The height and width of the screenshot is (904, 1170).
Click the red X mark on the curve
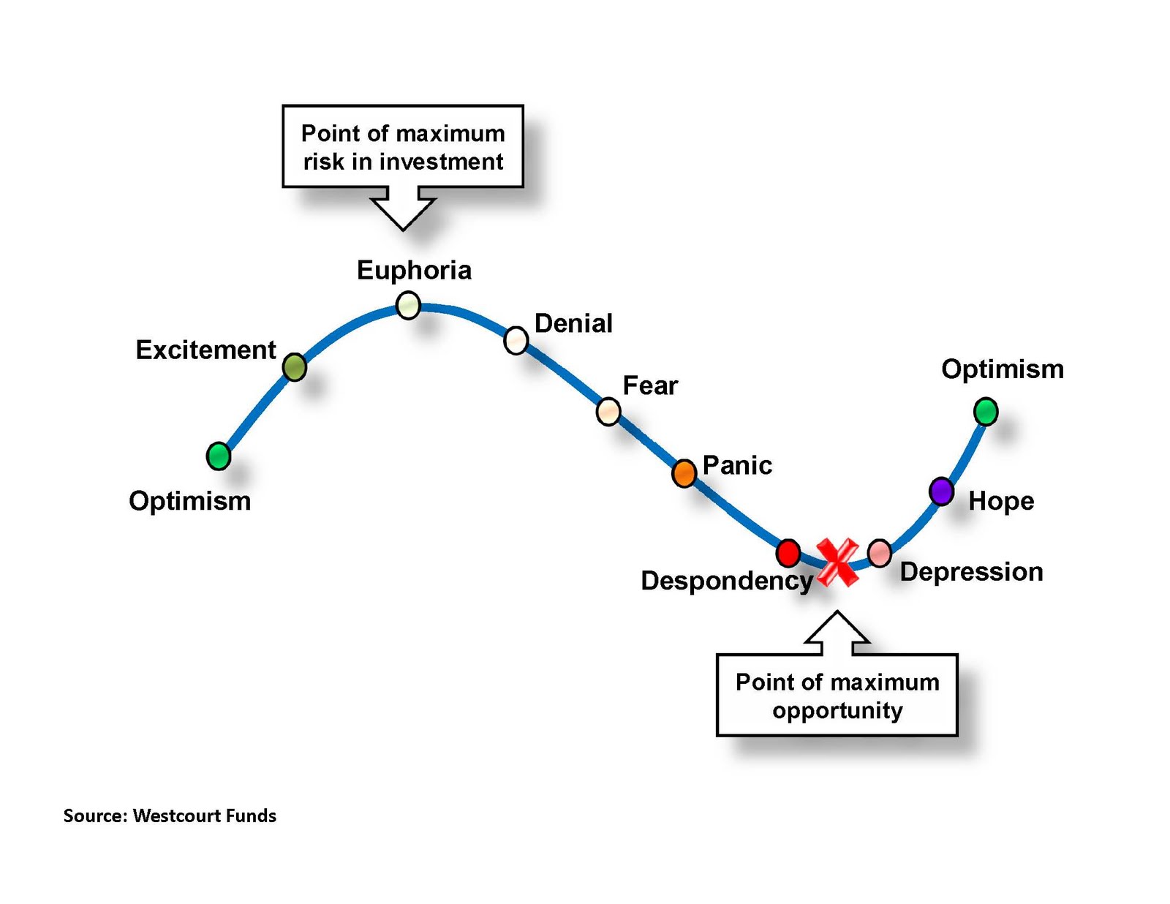[x=837, y=562]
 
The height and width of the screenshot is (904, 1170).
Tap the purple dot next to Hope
[x=941, y=491]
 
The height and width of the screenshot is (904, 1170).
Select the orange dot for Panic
[x=684, y=473]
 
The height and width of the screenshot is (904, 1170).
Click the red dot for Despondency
[x=788, y=553]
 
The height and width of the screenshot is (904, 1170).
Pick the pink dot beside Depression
[x=879, y=553]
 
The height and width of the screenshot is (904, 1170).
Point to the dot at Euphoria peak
[x=408, y=304]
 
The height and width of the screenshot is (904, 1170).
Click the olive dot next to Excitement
[x=294, y=366]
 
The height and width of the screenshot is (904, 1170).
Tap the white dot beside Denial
[x=516, y=340]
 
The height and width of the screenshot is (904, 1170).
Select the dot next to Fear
[x=608, y=412]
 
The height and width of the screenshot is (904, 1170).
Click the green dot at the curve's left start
[x=219, y=456]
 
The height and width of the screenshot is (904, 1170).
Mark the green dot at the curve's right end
[x=986, y=411]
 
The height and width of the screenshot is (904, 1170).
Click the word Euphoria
[x=414, y=271]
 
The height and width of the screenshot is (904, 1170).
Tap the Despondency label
[x=726, y=581]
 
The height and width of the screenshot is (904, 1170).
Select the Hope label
[x=1001, y=501]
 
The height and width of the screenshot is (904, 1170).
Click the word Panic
[x=737, y=465]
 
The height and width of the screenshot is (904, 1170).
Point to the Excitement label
[x=205, y=350]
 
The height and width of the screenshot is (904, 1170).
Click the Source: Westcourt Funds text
[x=170, y=816]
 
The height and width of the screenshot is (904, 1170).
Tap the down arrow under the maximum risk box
[x=403, y=208]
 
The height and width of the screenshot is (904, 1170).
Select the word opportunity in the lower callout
[x=837, y=710]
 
